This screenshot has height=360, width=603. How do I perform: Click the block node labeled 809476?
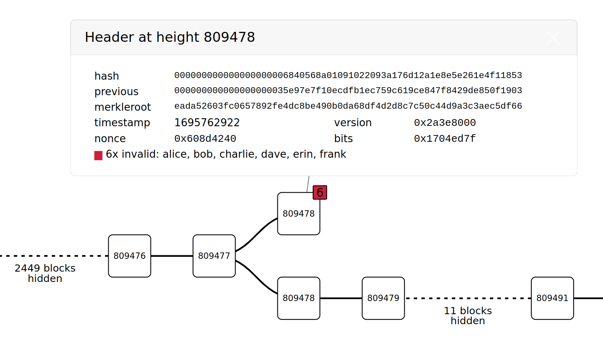click(129, 256)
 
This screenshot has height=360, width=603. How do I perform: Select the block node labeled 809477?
click(214, 256)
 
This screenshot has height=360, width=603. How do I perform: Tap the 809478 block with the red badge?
click(299, 214)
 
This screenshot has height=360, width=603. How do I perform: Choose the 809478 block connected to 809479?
click(299, 298)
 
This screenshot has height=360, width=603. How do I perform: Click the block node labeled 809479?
click(383, 298)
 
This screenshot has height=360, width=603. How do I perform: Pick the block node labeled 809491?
click(552, 298)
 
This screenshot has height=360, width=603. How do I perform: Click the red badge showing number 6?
click(320, 193)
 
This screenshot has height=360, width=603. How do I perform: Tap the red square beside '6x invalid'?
click(98, 155)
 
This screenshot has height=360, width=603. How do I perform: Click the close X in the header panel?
click(553, 38)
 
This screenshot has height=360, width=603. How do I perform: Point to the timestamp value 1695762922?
click(207, 123)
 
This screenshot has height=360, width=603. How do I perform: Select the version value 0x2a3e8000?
click(445, 123)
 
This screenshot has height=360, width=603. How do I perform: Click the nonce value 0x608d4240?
click(205, 139)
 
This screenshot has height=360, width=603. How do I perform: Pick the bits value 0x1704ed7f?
click(445, 139)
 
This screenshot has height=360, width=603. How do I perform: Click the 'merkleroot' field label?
click(123, 107)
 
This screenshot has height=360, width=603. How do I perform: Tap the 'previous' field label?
click(116, 92)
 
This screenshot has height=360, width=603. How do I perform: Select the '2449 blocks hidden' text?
click(45, 273)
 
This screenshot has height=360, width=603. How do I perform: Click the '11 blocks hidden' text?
click(468, 316)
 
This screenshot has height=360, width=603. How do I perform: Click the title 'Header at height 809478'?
click(170, 37)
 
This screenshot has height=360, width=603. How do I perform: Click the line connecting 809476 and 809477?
click(172, 256)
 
